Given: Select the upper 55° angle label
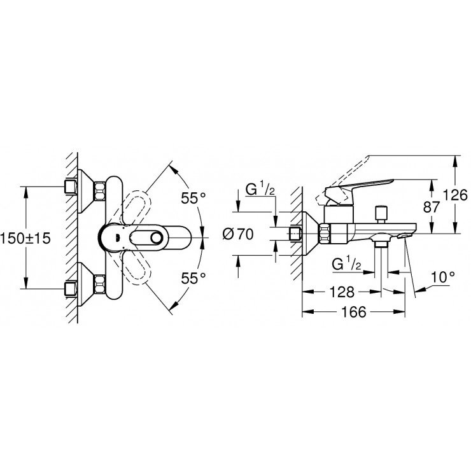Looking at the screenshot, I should point(193,198).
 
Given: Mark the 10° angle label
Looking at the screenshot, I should point(443,278).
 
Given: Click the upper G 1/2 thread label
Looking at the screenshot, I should point(260,190).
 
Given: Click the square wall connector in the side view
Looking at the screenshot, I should point(296,234).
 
